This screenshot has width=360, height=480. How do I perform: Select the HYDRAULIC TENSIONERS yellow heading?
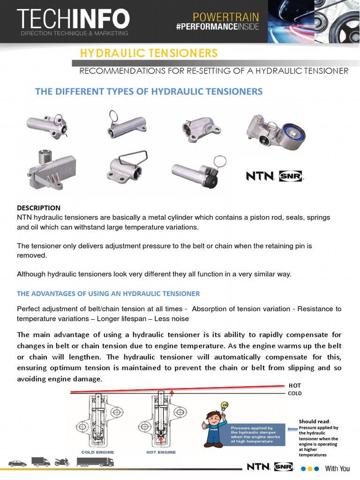pos(149,53)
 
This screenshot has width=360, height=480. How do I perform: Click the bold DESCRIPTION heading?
pos(38,208)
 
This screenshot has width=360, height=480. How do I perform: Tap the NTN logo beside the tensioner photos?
pos(260,176)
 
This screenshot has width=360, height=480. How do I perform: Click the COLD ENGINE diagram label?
pos(97,452)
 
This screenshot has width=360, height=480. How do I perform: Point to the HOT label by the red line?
pos(295,385)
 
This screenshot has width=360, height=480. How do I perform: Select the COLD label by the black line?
pos(295,393)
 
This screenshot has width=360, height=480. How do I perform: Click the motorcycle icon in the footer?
pos(62,462)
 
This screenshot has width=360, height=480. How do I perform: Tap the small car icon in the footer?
pos(17,463)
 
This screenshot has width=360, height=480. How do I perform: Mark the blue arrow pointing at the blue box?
pos(292,428)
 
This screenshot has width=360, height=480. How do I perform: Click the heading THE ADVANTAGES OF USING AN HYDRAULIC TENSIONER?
pos(108,293)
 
